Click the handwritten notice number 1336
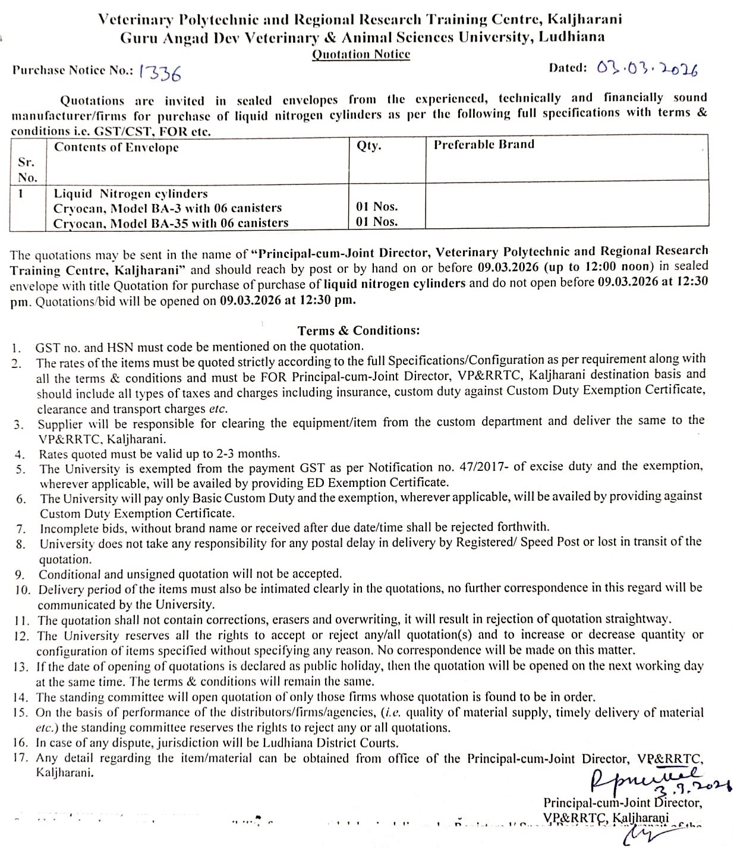(160, 73)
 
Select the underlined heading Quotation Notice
(361, 55)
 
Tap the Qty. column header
(368, 145)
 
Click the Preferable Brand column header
(484, 144)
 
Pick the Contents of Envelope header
(116, 147)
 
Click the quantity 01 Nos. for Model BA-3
(377, 206)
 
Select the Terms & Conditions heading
(358, 331)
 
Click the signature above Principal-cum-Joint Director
(645, 776)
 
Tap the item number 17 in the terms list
(20, 759)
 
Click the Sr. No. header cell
(27, 169)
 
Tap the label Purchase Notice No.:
(73, 70)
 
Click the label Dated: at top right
(568, 67)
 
